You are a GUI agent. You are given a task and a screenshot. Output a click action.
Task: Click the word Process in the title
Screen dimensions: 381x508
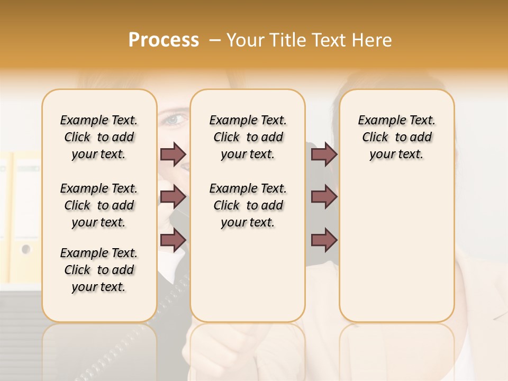click(x=164, y=40)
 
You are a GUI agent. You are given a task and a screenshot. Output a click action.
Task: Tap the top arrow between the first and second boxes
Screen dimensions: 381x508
click(x=173, y=154)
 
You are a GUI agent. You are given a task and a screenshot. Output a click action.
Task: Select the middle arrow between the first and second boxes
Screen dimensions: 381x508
click(x=173, y=197)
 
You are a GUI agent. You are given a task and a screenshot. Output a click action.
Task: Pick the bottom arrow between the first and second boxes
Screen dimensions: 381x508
click(x=173, y=240)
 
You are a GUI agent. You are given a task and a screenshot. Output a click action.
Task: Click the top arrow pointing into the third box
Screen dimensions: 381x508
click(x=324, y=154)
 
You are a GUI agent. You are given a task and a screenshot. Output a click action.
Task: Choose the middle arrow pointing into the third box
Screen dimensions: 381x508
click(x=324, y=197)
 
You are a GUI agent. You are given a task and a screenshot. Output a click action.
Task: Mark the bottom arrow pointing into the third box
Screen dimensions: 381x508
click(x=324, y=240)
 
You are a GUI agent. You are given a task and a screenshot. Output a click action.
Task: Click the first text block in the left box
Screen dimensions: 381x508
click(x=99, y=137)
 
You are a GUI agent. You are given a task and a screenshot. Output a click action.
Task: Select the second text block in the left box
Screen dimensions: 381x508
click(x=99, y=205)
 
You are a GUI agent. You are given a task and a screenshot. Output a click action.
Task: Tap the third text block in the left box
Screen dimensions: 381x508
click(x=99, y=270)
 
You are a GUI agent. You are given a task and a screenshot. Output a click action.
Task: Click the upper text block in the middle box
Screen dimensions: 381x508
click(x=248, y=137)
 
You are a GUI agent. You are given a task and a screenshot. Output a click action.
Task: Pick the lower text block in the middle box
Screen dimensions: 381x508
click(x=248, y=205)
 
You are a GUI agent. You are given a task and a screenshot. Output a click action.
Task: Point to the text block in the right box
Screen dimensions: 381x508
click(x=396, y=137)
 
